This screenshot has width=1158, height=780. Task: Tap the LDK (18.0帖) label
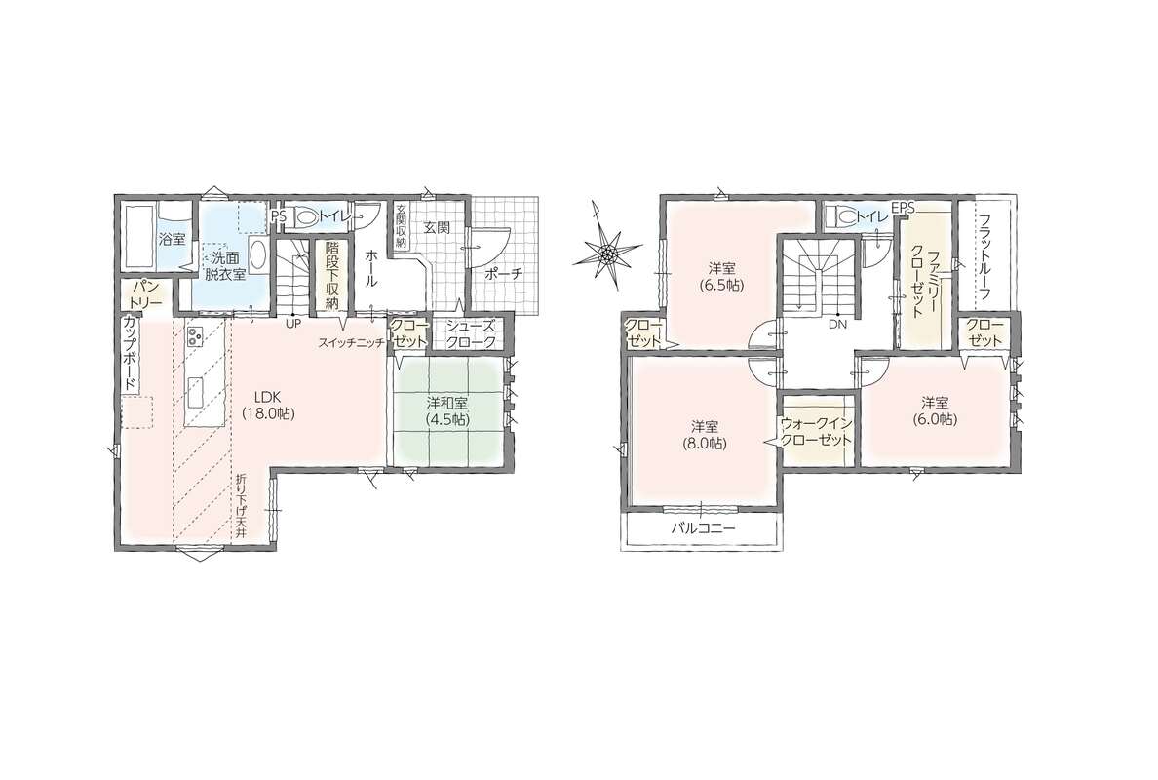click(269, 404)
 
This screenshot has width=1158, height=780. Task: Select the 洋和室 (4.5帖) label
click(445, 411)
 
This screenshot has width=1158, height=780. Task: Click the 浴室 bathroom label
click(173, 239)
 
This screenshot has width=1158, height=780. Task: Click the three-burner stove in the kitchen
click(195, 337)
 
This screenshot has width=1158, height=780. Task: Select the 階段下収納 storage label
click(331, 276)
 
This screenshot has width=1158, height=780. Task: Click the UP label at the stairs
click(293, 324)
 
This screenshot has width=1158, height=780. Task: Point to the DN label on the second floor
click(836, 324)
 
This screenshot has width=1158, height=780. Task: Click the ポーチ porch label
click(504, 274)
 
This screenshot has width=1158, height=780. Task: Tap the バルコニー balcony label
click(703, 528)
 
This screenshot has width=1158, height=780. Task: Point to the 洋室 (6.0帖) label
click(934, 410)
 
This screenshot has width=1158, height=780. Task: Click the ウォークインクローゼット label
click(817, 431)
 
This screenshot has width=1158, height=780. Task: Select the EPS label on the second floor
click(903, 209)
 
